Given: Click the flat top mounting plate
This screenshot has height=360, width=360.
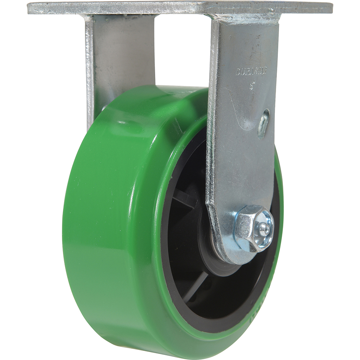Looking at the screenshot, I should (x=180, y=7).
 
